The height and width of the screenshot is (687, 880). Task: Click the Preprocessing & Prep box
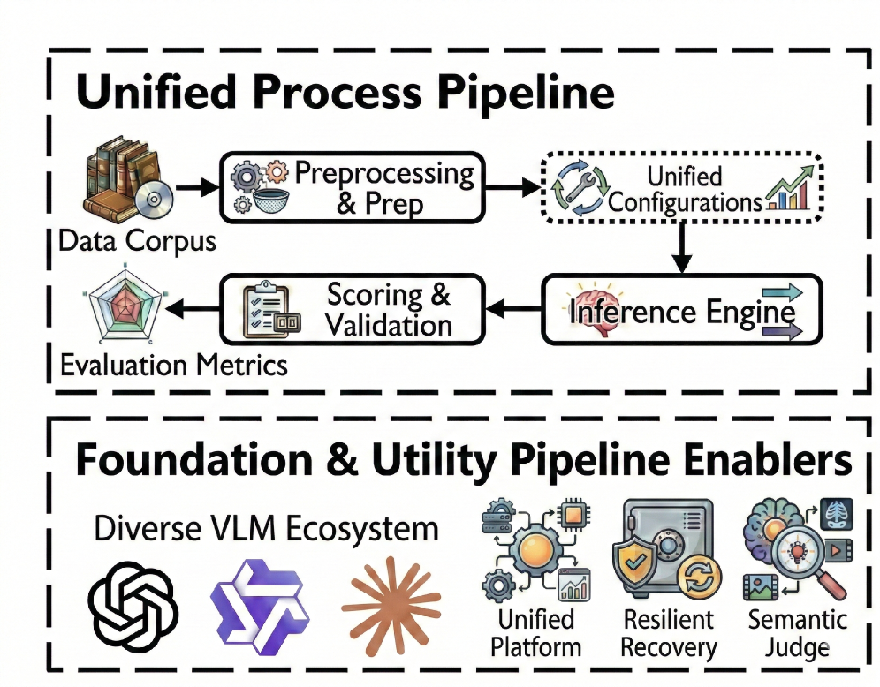(352, 187)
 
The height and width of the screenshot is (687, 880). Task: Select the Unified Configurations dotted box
(682, 187)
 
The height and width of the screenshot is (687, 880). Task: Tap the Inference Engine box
(682, 309)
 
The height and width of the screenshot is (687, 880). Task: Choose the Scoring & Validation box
(352, 309)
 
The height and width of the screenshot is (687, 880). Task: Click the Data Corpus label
(138, 242)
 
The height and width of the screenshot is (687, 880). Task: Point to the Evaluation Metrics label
(174, 365)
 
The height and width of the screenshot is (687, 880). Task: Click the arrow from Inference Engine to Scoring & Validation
(513, 308)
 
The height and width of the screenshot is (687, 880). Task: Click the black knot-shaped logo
(133, 607)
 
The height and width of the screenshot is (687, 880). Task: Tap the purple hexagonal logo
(260, 607)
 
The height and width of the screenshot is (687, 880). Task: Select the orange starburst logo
(391, 606)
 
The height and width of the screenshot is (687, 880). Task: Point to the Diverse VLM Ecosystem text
(266, 529)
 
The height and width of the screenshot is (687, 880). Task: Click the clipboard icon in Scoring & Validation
(266, 310)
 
